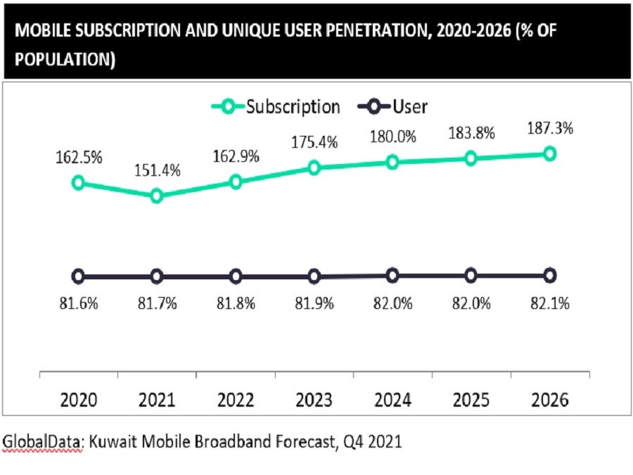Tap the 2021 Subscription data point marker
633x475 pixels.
tap(157, 196)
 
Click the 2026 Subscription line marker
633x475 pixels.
tap(550, 153)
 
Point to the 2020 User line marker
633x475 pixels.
tap(78, 276)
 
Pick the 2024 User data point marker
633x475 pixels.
tap(392, 275)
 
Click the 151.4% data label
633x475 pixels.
tap(158, 170)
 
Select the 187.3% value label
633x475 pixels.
tap(549, 128)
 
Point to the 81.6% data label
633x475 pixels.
tap(78, 305)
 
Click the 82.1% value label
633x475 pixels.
tap(550, 305)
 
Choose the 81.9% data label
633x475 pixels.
tap(314, 305)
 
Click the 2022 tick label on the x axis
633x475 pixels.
tap(236, 400)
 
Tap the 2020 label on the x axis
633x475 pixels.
tap(78, 400)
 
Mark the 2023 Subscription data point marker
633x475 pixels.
tap(314, 167)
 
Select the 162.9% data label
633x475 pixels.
tap(236, 156)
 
